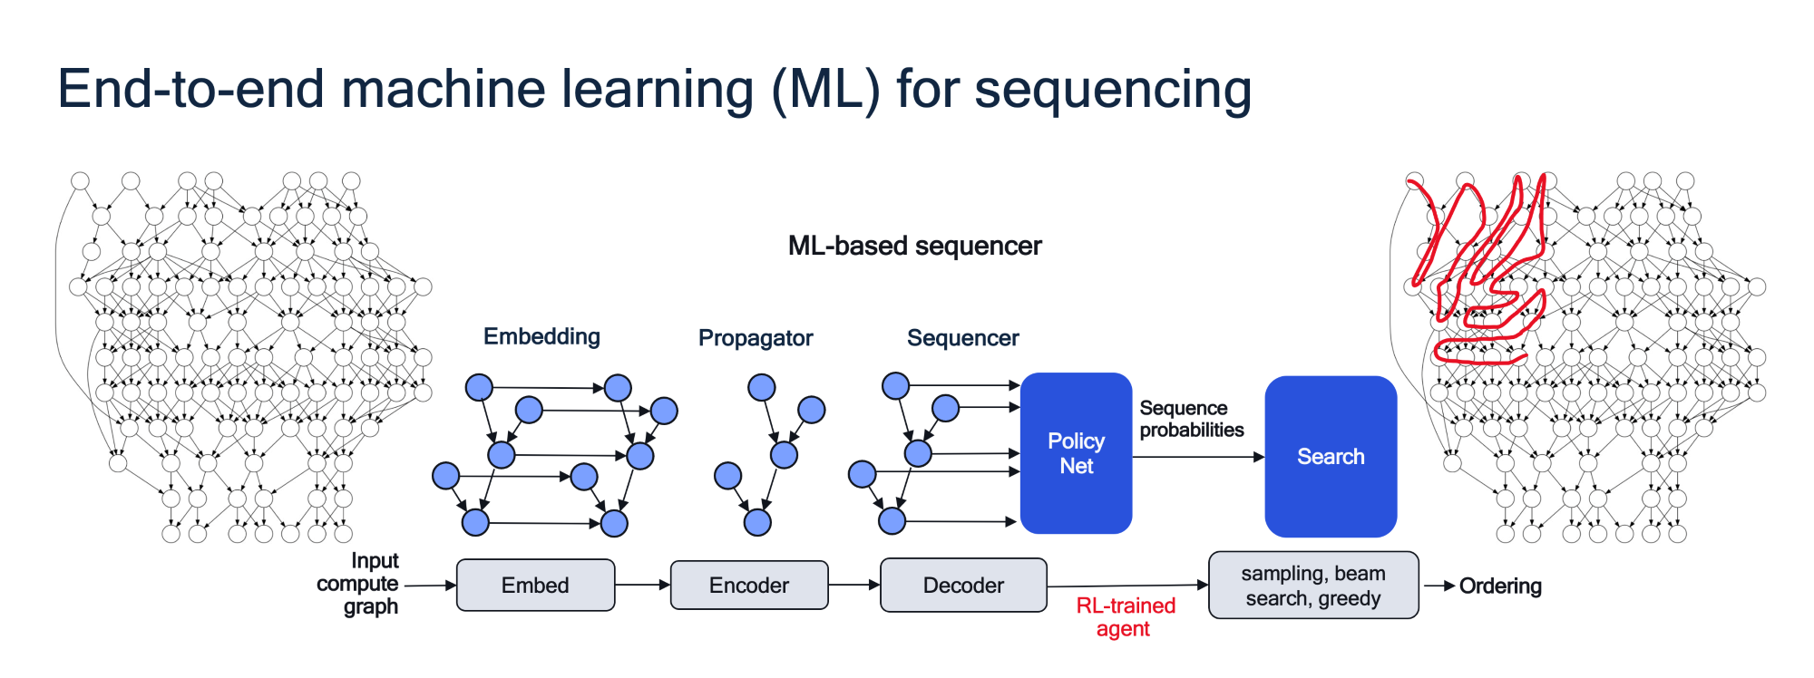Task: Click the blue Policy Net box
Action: (1076, 453)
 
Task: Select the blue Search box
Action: (1331, 456)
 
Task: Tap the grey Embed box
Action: (536, 585)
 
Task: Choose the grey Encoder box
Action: (749, 585)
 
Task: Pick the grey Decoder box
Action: (963, 585)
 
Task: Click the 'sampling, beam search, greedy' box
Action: (1313, 585)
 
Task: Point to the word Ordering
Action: (1500, 586)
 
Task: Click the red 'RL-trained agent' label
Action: (1125, 617)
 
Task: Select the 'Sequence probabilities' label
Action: (1192, 419)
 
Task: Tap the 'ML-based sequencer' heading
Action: (915, 246)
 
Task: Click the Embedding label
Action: (541, 336)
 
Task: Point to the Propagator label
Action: (756, 338)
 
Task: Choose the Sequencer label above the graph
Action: (963, 338)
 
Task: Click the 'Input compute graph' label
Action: (358, 584)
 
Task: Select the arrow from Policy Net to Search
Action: (1198, 457)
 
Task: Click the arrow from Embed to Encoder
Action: (643, 585)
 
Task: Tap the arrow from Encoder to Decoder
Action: (854, 585)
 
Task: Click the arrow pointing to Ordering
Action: (1439, 586)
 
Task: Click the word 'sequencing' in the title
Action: (1113, 91)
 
